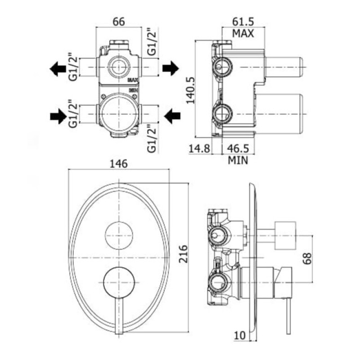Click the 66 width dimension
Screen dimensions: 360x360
pyautogui.click(x=119, y=22)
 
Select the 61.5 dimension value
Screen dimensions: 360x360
pyautogui.click(x=243, y=22)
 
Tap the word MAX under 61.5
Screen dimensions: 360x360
pyautogui.click(x=243, y=33)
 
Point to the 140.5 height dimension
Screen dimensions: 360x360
pyautogui.click(x=190, y=90)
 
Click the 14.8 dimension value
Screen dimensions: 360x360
pyautogui.click(x=199, y=148)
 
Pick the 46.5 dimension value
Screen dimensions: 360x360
pyautogui.click(x=238, y=148)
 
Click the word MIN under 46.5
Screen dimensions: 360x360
pyautogui.click(x=238, y=160)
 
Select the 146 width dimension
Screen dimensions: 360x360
pyautogui.click(x=119, y=164)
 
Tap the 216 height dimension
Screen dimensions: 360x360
pyautogui.click(x=184, y=254)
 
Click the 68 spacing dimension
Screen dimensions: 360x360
pyautogui.click(x=307, y=258)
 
